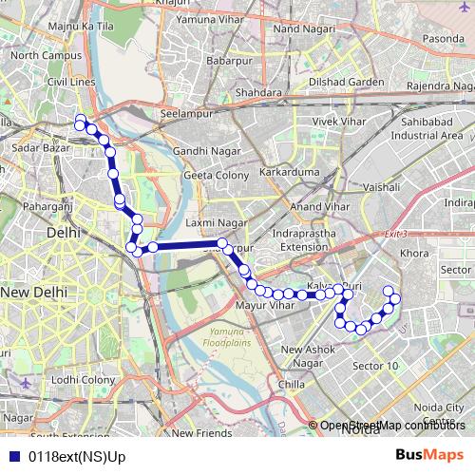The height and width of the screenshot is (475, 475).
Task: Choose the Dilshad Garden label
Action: [340, 82]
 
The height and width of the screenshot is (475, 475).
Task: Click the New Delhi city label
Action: [30, 294]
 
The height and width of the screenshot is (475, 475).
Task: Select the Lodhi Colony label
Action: [83, 379]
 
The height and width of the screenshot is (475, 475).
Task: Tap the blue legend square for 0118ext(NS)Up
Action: [14, 455]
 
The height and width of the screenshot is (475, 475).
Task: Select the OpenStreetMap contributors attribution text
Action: [392, 425]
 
